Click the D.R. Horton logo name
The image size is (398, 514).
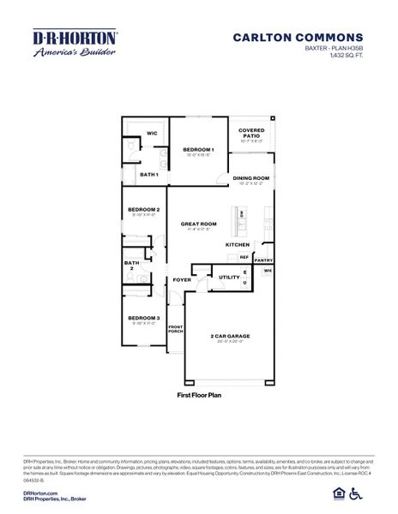(x=75, y=38)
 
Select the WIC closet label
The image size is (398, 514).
(x=151, y=134)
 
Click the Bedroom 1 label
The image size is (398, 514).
(x=200, y=150)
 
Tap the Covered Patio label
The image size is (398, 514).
(x=250, y=133)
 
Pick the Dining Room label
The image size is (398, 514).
(x=250, y=178)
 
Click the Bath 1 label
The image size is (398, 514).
(x=149, y=174)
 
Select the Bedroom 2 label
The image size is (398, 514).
(x=143, y=209)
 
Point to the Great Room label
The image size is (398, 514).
(x=198, y=224)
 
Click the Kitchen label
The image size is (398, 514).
(x=238, y=244)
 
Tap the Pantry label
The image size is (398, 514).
(x=264, y=260)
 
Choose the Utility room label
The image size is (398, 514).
(x=229, y=277)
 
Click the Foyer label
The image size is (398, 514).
(x=182, y=279)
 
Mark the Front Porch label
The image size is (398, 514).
(x=176, y=329)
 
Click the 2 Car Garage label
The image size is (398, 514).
(x=228, y=336)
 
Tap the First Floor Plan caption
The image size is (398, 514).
(x=199, y=396)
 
